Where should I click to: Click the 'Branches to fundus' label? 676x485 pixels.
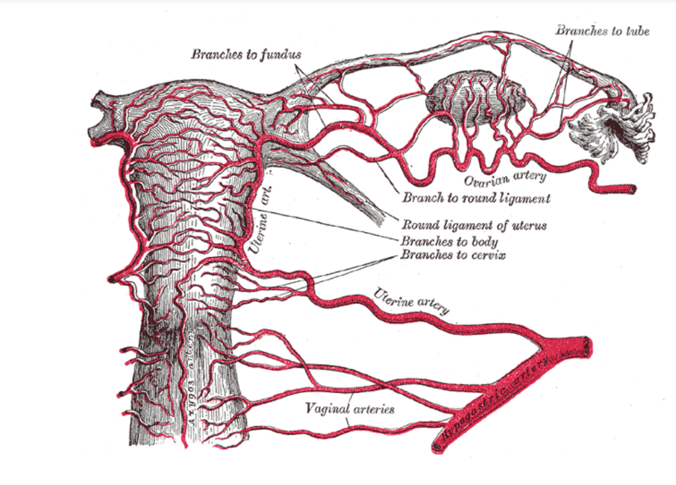(x=246, y=54)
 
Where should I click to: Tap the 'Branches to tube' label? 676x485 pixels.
(x=602, y=30)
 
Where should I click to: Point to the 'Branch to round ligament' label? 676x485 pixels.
(x=476, y=199)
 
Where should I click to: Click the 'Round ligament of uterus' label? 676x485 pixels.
(x=474, y=225)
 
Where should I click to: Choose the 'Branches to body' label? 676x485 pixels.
(x=449, y=241)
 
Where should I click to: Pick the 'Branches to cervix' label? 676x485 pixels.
(x=453, y=257)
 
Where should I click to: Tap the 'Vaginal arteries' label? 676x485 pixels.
(x=350, y=409)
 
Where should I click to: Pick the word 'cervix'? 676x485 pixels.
(x=485, y=257)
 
